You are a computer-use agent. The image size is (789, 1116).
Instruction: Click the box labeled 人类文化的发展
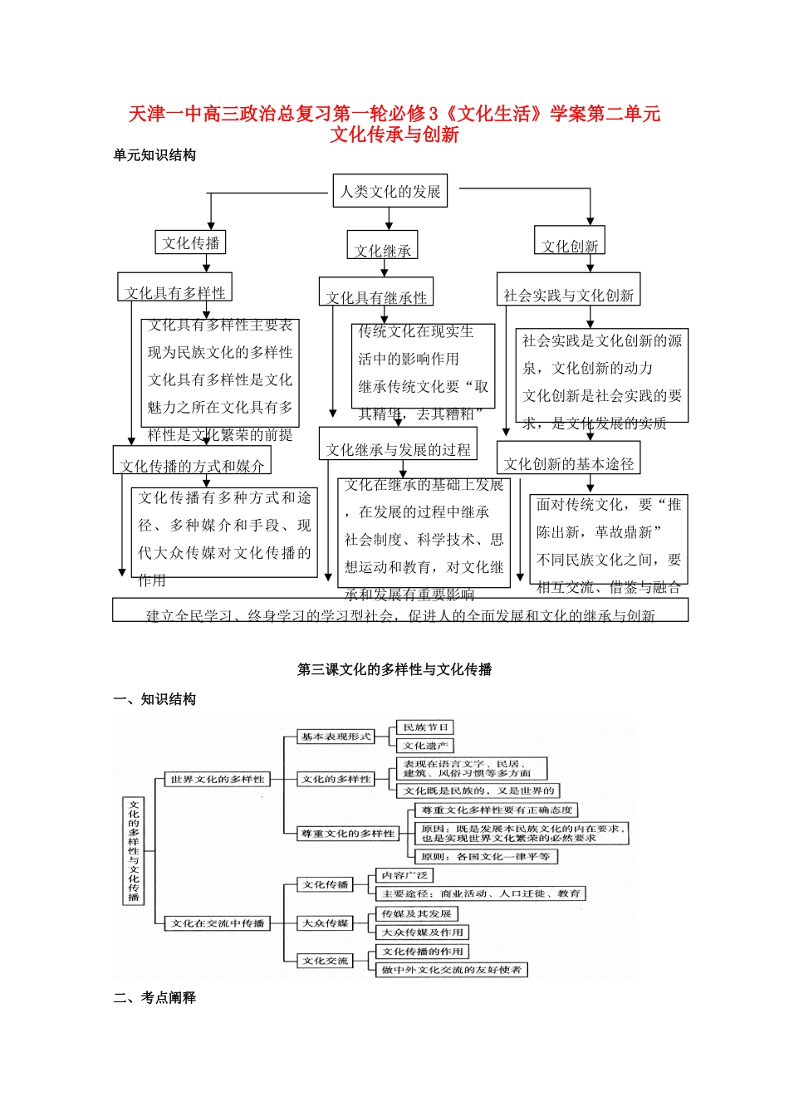[390, 191]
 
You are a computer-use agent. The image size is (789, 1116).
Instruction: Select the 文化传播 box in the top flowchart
[190, 242]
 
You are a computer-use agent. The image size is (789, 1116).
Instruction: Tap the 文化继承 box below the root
[382, 247]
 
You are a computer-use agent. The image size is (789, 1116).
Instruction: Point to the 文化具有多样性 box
[174, 290]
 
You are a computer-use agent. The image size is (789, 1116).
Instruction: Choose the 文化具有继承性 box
[376, 295]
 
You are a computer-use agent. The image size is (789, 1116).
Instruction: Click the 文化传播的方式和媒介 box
[192, 463]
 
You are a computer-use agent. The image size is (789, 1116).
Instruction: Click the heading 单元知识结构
[154, 155]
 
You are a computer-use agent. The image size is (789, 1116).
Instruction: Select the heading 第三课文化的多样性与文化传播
[394, 669]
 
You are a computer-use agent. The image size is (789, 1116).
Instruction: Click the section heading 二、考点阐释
[154, 997]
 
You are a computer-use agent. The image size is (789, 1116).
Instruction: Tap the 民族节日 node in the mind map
[425, 727]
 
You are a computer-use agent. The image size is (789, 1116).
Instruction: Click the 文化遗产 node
[425, 746]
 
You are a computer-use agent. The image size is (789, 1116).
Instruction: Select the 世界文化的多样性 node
[218, 779]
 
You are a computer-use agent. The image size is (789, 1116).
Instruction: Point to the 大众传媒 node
[326, 923]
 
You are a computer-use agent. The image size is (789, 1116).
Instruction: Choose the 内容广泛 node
[404, 875]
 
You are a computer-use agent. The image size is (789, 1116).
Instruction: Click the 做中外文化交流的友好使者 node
[452, 969]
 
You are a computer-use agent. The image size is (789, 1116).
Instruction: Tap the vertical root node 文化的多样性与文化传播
[133, 851]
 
